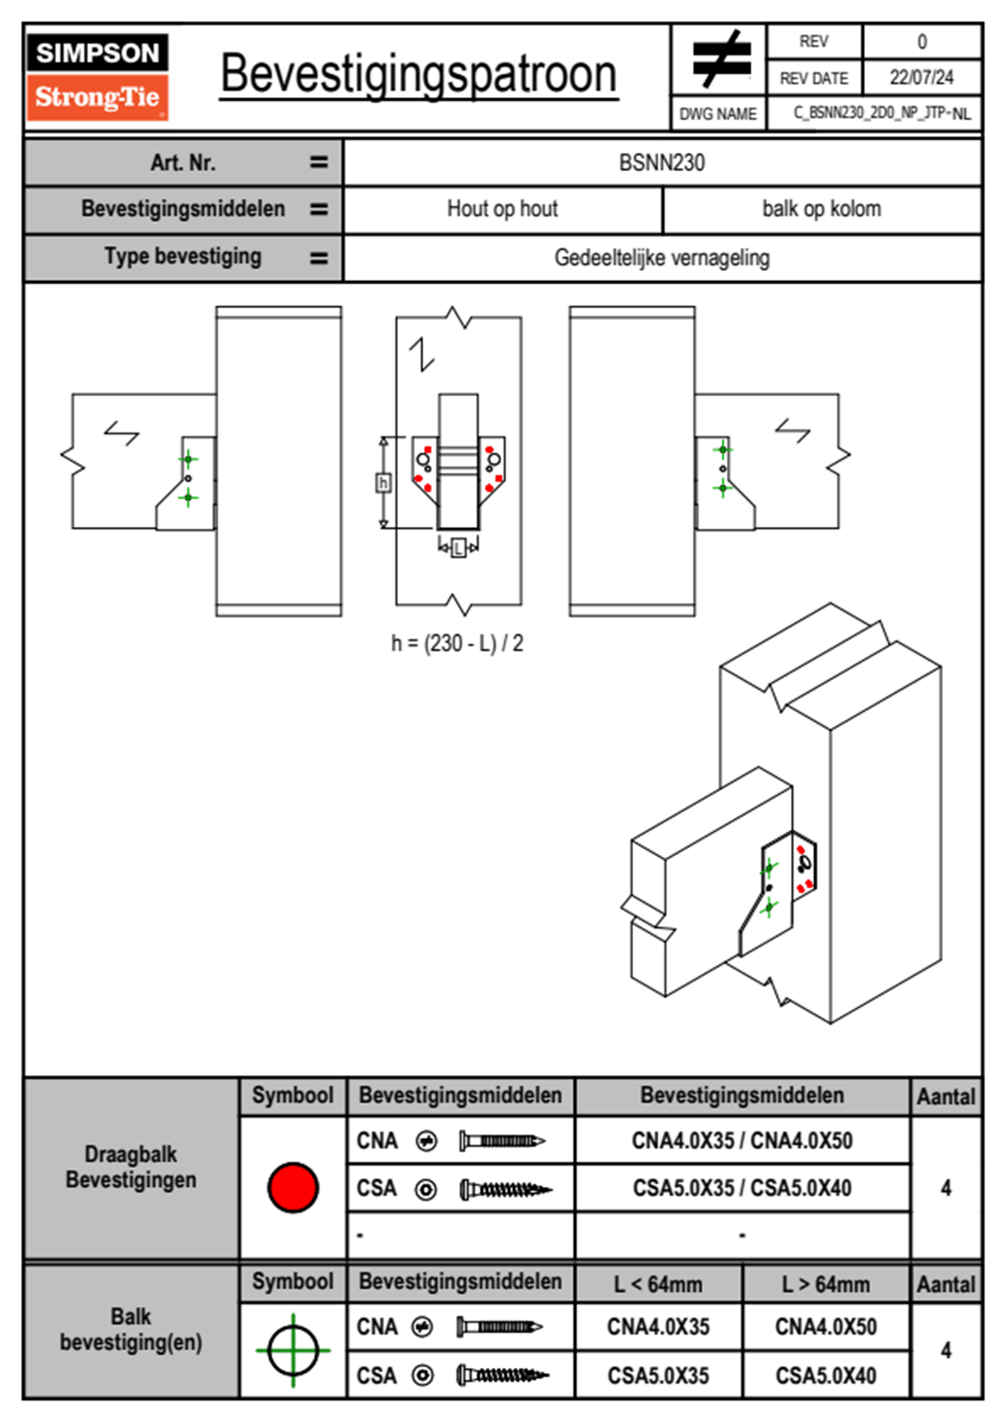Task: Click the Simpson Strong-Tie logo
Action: click(97, 77)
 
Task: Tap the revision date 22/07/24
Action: click(922, 78)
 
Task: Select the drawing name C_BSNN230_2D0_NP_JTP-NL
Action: click(882, 113)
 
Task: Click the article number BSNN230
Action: click(662, 162)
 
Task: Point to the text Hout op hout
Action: click(502, 208)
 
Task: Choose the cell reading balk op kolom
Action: click(822, 208)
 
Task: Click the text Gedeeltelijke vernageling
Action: click(662, 257)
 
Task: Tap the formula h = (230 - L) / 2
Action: click(457, 643)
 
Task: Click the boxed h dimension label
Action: click(383, 483)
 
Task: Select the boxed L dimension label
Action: click(458, 547)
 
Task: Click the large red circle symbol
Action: click(293, 1187)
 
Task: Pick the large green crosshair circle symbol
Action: click(293, 1350)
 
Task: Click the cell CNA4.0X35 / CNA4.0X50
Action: click(742, 1140)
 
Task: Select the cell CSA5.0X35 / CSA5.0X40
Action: click(742, 1188)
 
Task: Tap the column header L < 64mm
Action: click(658, 1284)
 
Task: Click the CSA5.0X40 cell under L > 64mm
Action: click(826, 1376)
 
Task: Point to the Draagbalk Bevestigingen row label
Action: click(131, 1167)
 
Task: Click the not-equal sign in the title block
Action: click(721, 58)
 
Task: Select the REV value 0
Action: click(922, 42)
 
